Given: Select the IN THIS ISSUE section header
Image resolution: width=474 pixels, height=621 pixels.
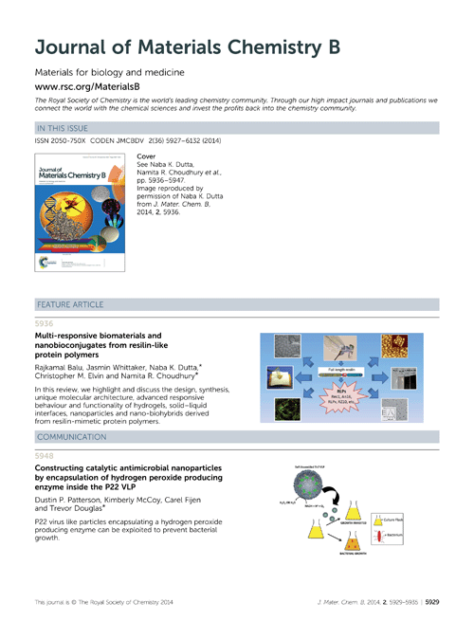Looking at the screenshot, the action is pyautogui.click(x=65, y=126).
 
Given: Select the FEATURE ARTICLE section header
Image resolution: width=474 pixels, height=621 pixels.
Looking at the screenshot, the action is pyautogui.click(x=72, y=304).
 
